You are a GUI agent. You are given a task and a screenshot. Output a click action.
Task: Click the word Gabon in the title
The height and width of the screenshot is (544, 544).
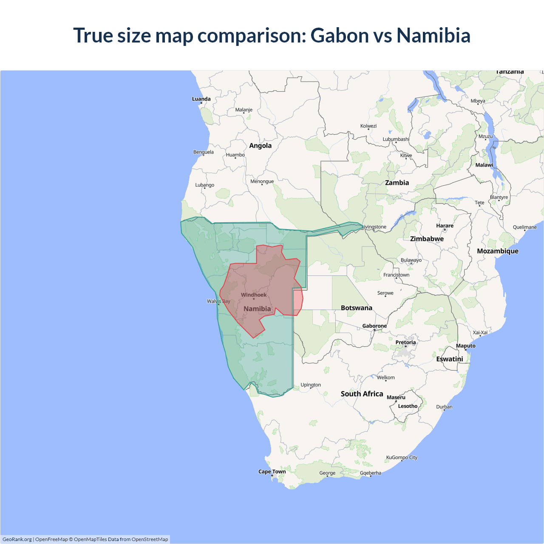[x=340, y=35]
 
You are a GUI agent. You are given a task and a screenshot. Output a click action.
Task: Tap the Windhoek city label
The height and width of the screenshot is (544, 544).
[x=254, y=295]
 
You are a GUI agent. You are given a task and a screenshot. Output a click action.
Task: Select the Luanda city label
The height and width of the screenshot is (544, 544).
[x=201, y=99]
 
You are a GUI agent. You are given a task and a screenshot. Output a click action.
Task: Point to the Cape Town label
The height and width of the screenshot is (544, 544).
[x=272, y=472]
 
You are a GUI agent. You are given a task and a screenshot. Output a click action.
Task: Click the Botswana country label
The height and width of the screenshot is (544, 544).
[x=356, y=308]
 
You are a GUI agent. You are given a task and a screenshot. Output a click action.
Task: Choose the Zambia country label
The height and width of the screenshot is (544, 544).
[x=397, y=183]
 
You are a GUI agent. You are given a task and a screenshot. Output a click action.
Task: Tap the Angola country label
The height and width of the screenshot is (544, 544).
[x=260, y=145]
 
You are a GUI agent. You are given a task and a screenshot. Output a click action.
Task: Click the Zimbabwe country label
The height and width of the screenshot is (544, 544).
[x=427, y=239]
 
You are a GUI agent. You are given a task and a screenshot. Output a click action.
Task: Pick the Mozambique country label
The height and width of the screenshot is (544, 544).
[x=498, y=251]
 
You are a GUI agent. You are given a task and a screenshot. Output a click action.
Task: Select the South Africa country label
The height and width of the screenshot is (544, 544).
[x=362, y=394]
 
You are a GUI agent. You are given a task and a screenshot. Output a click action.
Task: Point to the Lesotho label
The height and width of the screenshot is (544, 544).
[x=408, y=406]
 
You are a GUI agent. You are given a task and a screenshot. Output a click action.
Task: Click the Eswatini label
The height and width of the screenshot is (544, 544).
[x=450, y=359]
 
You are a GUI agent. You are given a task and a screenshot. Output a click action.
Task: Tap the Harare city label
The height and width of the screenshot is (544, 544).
[x=445, y=226]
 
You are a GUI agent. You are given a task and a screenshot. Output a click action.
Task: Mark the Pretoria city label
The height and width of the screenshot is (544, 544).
[x=405, y=343]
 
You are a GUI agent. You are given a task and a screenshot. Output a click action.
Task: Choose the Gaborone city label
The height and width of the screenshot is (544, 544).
[x=374, y=326]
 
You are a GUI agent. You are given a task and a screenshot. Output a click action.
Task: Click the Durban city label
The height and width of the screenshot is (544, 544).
[x=444, y=407]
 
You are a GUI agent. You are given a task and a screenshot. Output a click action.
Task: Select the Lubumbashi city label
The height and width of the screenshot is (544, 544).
[x=396, y=139]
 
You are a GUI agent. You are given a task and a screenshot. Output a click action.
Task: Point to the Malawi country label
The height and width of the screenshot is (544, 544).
[x=484, y=165]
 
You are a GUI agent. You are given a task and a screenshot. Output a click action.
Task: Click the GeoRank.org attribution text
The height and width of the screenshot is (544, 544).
[x=17, y=539]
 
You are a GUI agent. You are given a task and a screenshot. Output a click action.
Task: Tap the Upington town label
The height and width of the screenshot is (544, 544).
[x=311, y=385]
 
